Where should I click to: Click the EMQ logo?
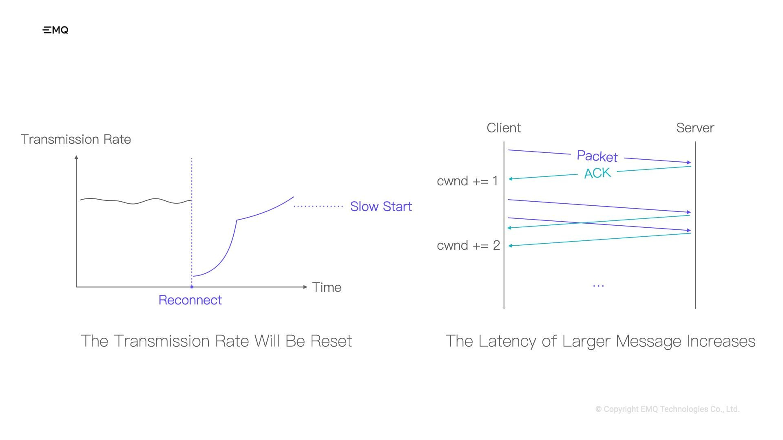point(55,30)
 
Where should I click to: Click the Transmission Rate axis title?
point(76,139)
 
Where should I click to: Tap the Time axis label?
point(327,287)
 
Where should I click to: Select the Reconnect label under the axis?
point(190,300)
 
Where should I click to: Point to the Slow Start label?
point(381,207)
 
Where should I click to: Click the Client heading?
point(504,128)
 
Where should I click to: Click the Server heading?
point(695,128)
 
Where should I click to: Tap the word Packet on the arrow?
point(597,156)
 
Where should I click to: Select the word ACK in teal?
point(597,173)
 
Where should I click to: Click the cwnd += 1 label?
point(467,181)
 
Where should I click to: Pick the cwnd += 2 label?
point(468,245)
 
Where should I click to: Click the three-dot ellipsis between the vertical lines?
point(598,286)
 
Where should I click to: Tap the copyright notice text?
point(668,409)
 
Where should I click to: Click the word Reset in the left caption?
point(331,341)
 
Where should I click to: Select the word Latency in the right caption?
point(507,341)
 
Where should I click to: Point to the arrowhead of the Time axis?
point(305,287)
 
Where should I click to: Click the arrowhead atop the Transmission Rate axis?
point(76,157)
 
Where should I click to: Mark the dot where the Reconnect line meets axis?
point(192,287)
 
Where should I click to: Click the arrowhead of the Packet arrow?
point(689,162)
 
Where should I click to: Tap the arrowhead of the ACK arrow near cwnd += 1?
point(511,178)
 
